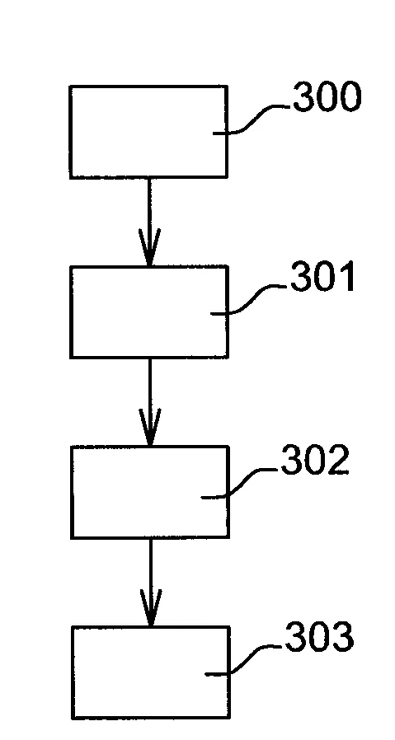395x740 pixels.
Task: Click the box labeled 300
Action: [x=148, y=132]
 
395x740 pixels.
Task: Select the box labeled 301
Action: [x=148, y=311]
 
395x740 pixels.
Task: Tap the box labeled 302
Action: [x=149, y=492]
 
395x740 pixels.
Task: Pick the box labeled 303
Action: [x=149, y=672]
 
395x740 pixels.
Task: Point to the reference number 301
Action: [x=322, y=279]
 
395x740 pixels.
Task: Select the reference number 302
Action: [x=315, y=461]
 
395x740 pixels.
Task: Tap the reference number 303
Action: [x=318, y=639]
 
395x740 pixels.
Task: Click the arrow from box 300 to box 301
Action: [x=148, y=221]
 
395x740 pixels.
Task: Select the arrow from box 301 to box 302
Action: [x=149, y=401]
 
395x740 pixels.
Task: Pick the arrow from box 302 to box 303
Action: [x=149, y=582]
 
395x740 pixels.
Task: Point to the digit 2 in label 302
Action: [x=337, y=461]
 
